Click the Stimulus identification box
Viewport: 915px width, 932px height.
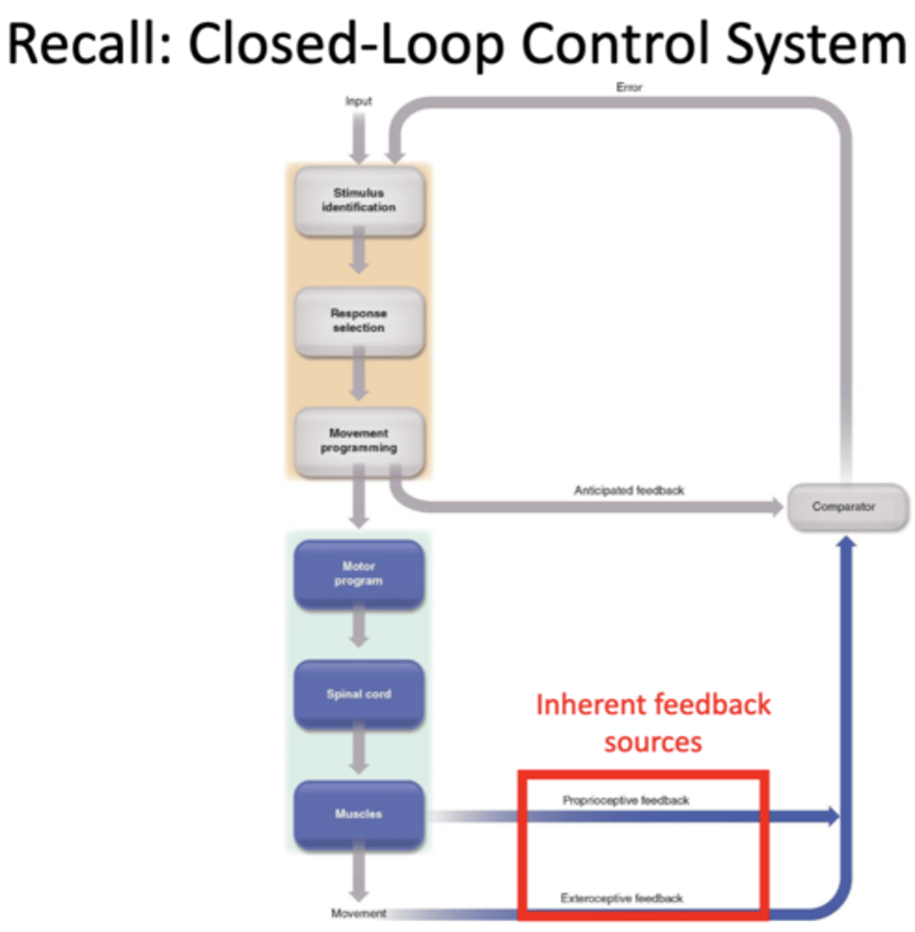[x=358, y=200]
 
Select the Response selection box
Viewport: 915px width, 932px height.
[x=358, y=321]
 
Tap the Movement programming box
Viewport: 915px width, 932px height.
[x=358, y=441]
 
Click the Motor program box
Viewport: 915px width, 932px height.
[x=358, y=574]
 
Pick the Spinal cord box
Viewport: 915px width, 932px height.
[x=358, y=694]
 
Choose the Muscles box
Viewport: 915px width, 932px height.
[x=358, y=815]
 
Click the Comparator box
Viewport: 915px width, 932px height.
[x=847, y=507]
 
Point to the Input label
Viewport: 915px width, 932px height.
[x=358, y=101]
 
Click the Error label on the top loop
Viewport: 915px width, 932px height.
[x=628, y=88]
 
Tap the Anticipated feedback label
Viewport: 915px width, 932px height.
[x=628, y=491]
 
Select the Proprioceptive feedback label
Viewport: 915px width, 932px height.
[x=625, y=800]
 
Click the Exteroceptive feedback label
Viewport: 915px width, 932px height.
[x=621, y=899]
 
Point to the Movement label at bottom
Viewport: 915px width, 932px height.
[x=358, y=913]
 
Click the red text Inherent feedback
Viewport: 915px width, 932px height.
[x=652, y=705]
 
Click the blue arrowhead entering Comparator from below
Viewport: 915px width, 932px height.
[x=846, y=541]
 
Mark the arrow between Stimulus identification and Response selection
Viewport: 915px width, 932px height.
[x=358, y=253]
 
